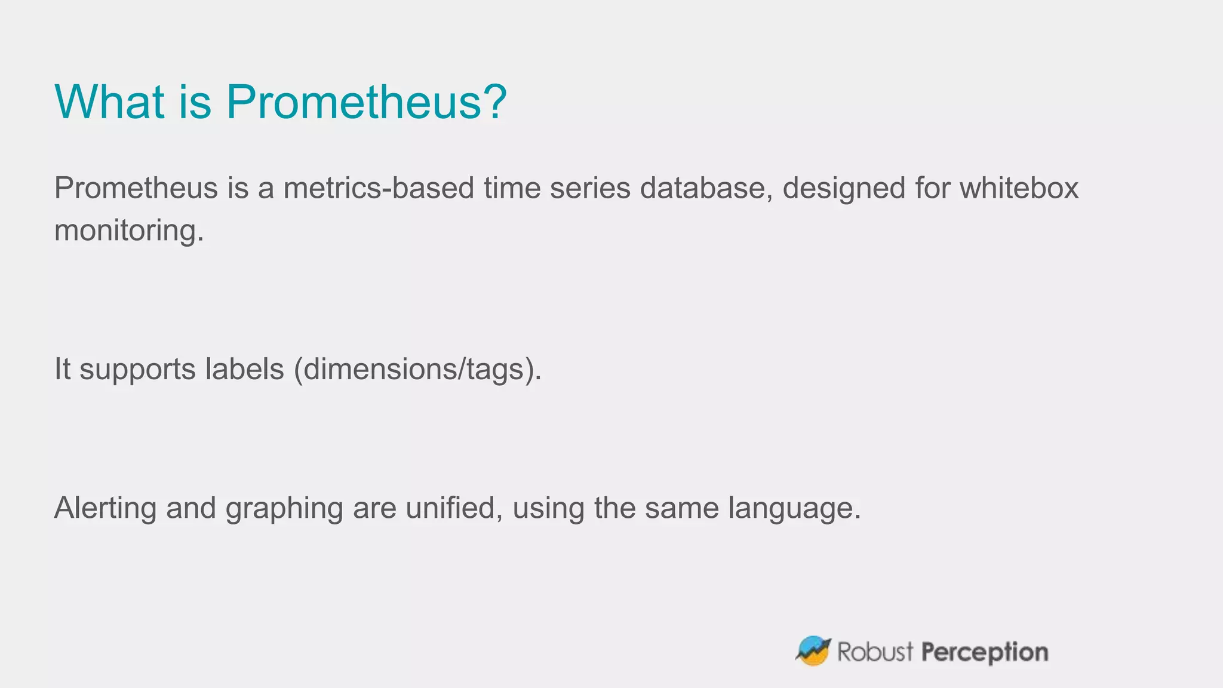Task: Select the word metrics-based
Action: pyautogui.click(x=379, y=188)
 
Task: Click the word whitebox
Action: pyautogui.click(x=1019, y=188)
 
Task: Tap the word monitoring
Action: pyautogui.click(x=129, y=231)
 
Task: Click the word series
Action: pyautogui.click(x=590, y=188)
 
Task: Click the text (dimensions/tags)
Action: pyautogui.click(x=417, y=370)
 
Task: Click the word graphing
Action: pyautogui.click(x=284, y=509)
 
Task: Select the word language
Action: pyautogui.click(x=794, y=509)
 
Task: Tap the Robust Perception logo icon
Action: pyautogui.click(x=813, y=651)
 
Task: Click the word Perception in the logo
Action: pyautogui.click(x=984, y=652)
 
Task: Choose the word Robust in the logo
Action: pyautogui.click(x=875, y=652)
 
